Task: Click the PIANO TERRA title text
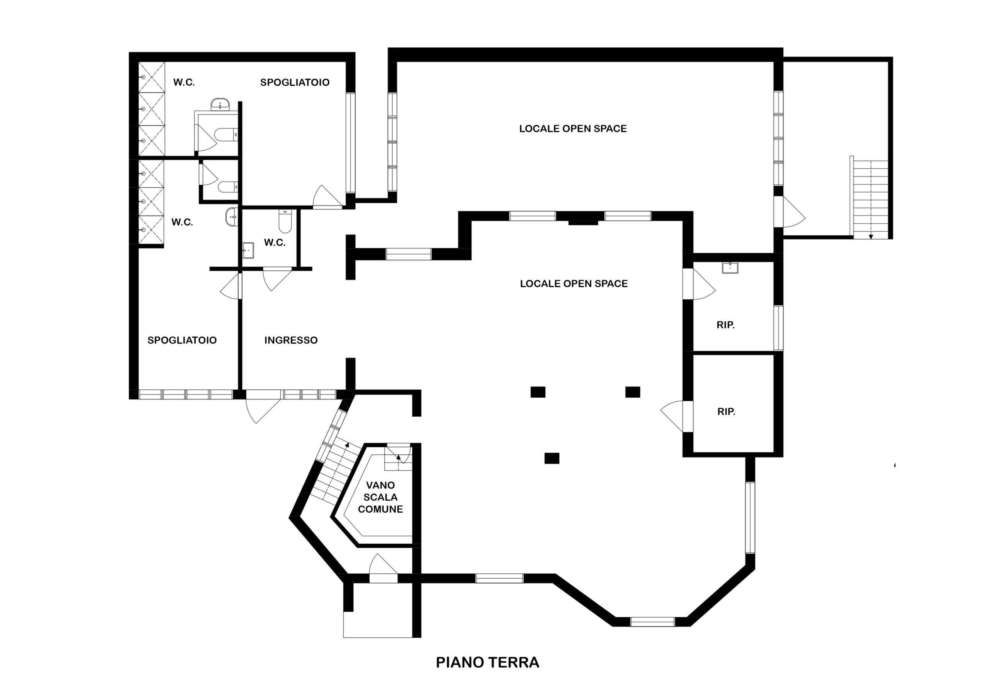(x=487, y=662)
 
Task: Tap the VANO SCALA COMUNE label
(x=380, y=497)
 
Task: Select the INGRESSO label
(x=291, y=340)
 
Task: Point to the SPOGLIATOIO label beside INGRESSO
(x=182, y=340)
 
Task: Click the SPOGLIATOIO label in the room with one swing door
(x=295, y=82)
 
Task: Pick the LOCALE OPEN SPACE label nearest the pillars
(x=574, y=284)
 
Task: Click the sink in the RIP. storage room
(x=730, y=268)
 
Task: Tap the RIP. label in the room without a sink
(x=726, y=412)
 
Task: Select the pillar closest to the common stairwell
(x=552, y=458)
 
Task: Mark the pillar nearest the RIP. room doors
(x=633, y=392)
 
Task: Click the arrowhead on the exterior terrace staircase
(x=871, y=236)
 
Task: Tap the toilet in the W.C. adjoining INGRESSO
(x=285, y=221)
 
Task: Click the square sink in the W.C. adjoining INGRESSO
(x=248, y=250)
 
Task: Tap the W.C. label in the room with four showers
(x=182, y=222)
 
